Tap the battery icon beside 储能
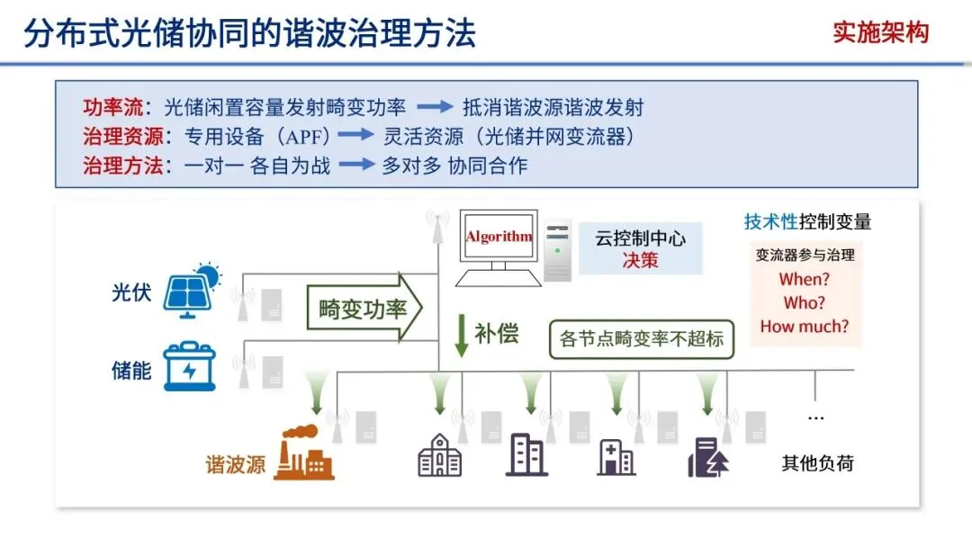[x=190, y=367]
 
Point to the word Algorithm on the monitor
[x=499, y=238]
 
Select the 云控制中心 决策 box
[x=640, y=248]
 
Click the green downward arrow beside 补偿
[x=462, y=335]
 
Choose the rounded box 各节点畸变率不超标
[x=642, y=340]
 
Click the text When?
[x=804, y=279]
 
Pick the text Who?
[x=804, y=303]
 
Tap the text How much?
[x=804, y=327]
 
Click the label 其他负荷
[x=817, y=464]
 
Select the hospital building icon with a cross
[x=616, y=457]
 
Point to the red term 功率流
[x=112, y=108]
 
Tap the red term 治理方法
[x=112, y=166]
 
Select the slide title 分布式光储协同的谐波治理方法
[x=249, y=34]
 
